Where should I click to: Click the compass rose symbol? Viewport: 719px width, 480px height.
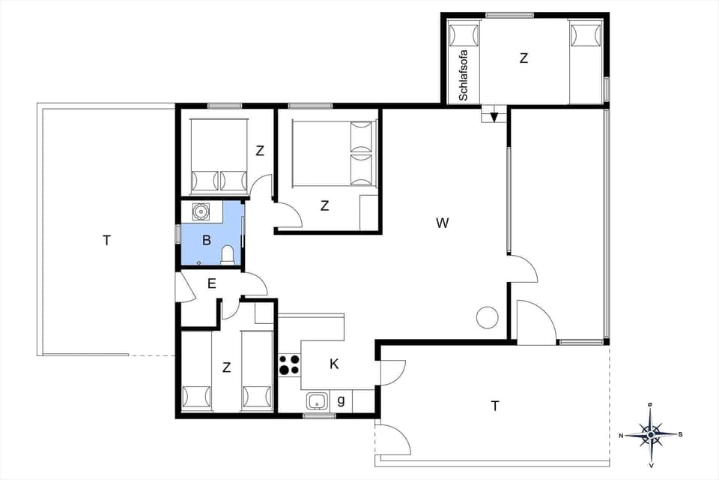click(650, 433)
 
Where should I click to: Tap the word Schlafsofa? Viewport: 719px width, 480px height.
click(464, 75)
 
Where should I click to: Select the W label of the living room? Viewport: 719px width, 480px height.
click(443, 223)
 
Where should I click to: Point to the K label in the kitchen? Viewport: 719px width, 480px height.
click(335, 364)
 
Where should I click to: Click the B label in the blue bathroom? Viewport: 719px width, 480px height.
click(207, 241)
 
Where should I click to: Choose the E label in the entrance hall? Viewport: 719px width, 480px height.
click(212, 283)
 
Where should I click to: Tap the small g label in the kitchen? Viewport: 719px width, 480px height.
click(341, 400)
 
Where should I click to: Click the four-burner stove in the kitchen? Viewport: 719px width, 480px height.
click(289, 364)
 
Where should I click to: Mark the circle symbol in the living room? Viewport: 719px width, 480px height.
click(488, 318)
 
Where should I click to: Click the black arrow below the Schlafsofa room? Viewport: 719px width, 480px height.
click(494, 115)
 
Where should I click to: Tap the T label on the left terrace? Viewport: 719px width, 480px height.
click(106, 240)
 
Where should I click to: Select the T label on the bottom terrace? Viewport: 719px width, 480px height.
click(494, 406)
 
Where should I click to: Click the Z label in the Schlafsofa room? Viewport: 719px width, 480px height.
click(524, 58)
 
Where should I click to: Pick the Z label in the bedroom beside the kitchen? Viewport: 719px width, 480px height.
click(226, 367)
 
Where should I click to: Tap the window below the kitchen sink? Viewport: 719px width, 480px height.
click(319, 415)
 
